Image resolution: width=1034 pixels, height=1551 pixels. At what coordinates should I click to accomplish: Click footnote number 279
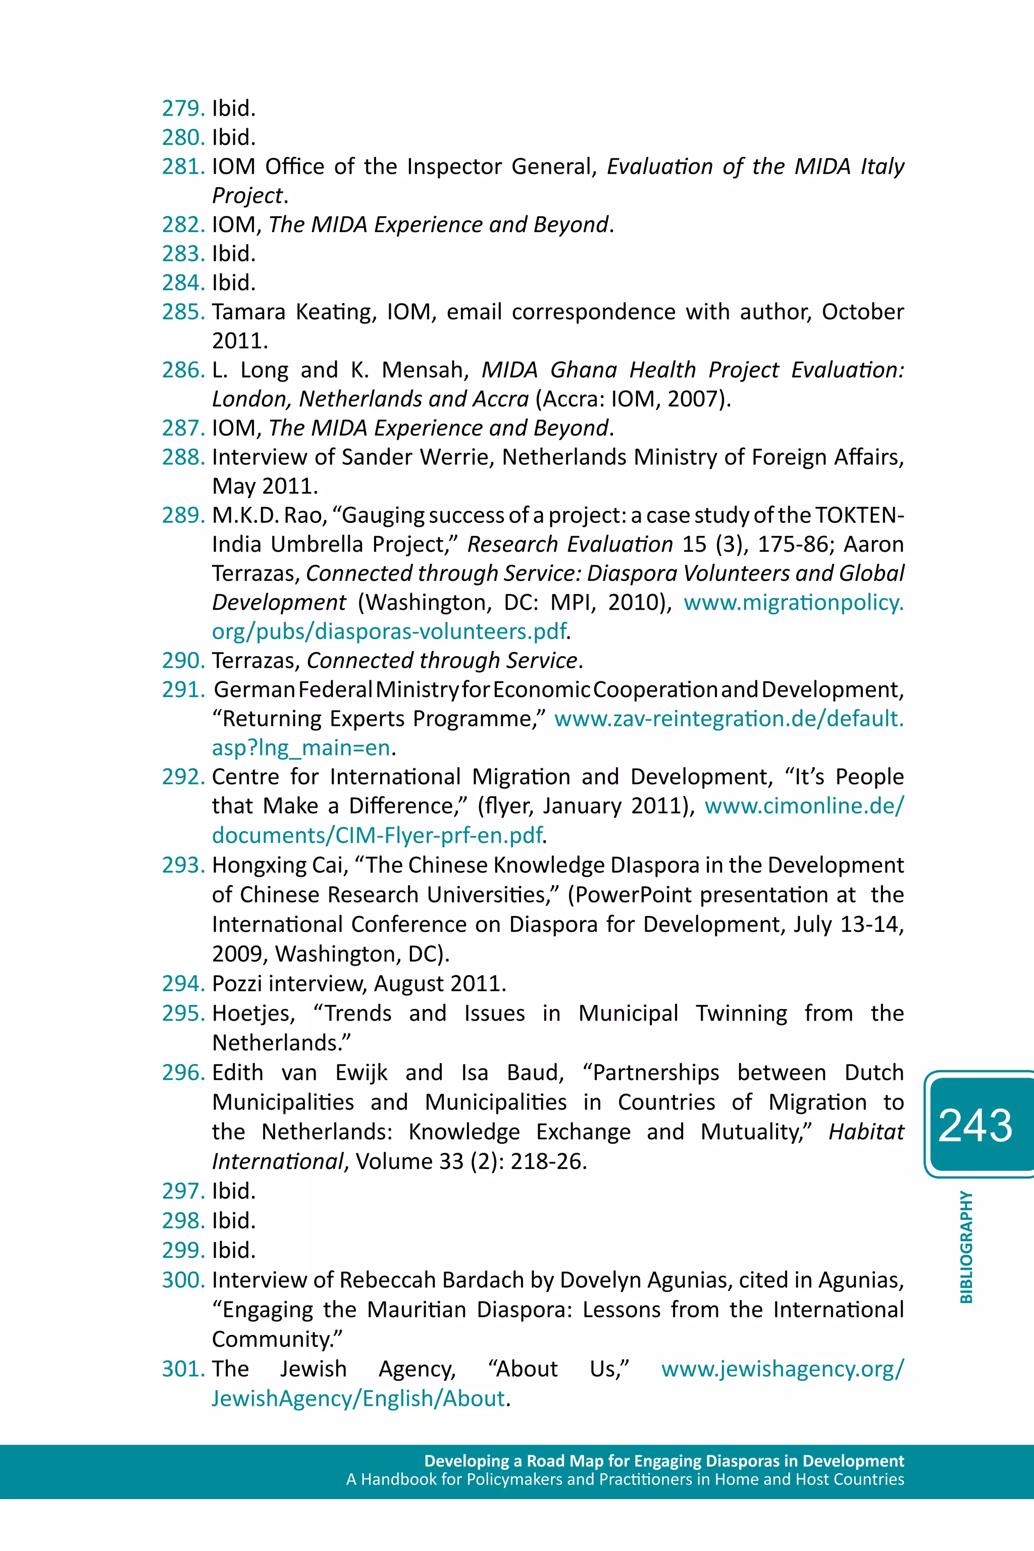(183, 108)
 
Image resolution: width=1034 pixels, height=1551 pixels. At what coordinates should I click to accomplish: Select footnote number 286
(183, 370)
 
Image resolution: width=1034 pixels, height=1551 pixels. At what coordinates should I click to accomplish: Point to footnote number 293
(183, 865)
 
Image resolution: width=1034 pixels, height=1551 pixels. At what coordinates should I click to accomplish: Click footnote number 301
(183, 1368)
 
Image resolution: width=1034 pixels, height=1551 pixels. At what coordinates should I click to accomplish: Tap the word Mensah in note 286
(425, 370)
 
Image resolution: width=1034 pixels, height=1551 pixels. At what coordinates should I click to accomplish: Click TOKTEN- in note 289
(859, 515)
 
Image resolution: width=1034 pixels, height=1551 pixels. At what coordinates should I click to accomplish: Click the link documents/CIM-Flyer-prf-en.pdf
(377, 835)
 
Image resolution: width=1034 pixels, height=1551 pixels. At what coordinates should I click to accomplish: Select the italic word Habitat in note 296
(866, 1132)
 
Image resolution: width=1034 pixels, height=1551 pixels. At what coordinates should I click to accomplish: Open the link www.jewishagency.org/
(783, 1368)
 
